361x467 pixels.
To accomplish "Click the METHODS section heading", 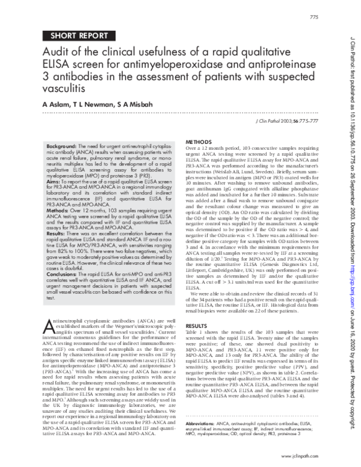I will tap(199, 141).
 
